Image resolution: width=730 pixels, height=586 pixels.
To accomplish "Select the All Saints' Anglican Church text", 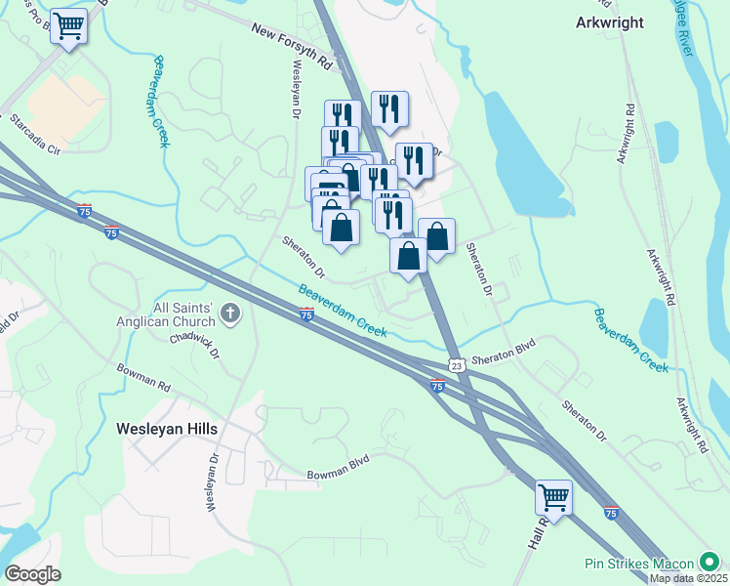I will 163,313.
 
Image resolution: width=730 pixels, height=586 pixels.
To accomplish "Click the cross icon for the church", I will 230,314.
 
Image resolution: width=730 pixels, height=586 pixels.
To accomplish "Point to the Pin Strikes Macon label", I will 639,564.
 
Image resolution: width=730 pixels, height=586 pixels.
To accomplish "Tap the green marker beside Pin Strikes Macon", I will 709,564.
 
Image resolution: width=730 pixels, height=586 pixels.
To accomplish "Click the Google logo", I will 32,574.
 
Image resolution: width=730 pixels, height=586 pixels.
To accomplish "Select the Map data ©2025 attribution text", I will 689,578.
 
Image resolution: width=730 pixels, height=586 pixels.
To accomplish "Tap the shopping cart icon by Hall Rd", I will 553,497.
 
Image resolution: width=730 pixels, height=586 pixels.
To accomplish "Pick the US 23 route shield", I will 456,364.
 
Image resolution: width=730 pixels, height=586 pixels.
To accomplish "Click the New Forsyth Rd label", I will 292,45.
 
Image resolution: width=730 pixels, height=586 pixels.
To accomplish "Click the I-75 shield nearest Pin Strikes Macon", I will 611,512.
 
